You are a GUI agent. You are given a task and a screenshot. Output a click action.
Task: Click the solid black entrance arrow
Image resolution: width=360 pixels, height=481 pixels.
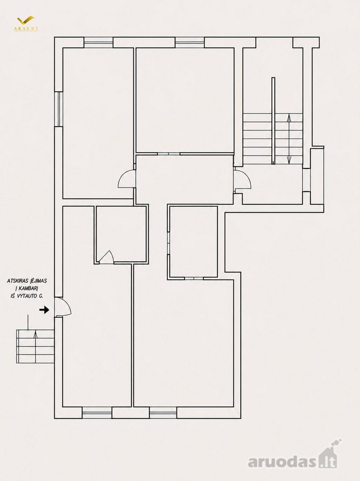(x=44, y=310)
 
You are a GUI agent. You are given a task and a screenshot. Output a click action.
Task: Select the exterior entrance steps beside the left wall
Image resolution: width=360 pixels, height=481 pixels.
(x=35, y=346)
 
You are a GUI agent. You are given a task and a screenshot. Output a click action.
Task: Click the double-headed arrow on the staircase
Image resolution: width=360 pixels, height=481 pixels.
(x=289, y=138)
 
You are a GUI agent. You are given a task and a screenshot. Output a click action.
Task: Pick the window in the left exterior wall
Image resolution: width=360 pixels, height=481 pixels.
(x=59, y=109)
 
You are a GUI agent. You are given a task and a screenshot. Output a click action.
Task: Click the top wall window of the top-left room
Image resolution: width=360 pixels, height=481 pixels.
(x=98, y=43)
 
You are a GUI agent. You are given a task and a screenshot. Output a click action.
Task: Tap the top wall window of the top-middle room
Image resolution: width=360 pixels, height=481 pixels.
(x=190, y=43)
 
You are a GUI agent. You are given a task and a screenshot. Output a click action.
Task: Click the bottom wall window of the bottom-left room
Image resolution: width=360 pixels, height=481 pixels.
(x=97, y=413)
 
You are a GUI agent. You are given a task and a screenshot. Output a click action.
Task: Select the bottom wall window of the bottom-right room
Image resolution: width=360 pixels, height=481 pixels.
(x=163, y=413)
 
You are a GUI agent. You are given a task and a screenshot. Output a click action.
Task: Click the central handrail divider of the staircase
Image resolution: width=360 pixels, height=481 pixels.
(x=273, y=121)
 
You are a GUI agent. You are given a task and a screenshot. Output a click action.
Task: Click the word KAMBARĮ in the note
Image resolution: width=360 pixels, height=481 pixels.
(x=26, y=289)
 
